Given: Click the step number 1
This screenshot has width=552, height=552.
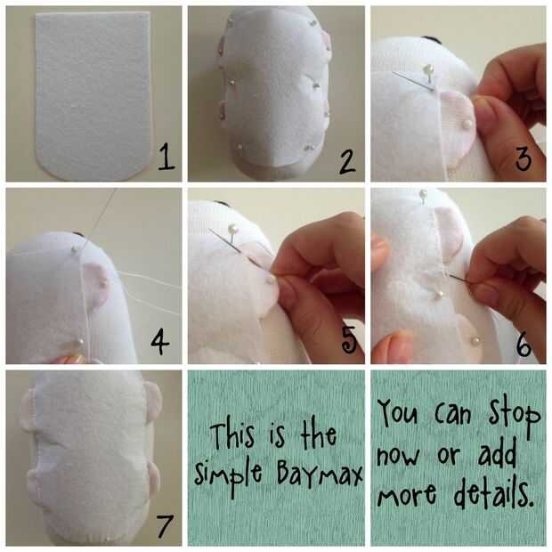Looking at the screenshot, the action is (x=166, y=158).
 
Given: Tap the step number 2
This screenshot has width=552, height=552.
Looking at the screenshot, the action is (x=347, y=161).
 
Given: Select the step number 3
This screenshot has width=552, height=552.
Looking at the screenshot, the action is (x=524, y=159).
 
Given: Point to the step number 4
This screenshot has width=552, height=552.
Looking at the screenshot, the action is (x=160, y=342).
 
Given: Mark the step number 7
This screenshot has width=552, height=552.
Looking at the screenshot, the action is (x=165, y=525).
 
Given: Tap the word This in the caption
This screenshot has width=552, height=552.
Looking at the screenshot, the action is (x=233, y=435).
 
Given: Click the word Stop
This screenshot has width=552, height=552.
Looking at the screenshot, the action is (x=515, y=416).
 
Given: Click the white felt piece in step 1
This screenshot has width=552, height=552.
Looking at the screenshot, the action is (x=93, y=95).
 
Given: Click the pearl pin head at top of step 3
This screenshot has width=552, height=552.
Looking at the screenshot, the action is (x=428, y=68).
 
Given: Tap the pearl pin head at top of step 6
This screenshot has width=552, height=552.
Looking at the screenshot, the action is (x=423, y=193).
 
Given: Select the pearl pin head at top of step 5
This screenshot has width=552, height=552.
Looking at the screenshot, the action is (x=232, y=230).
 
